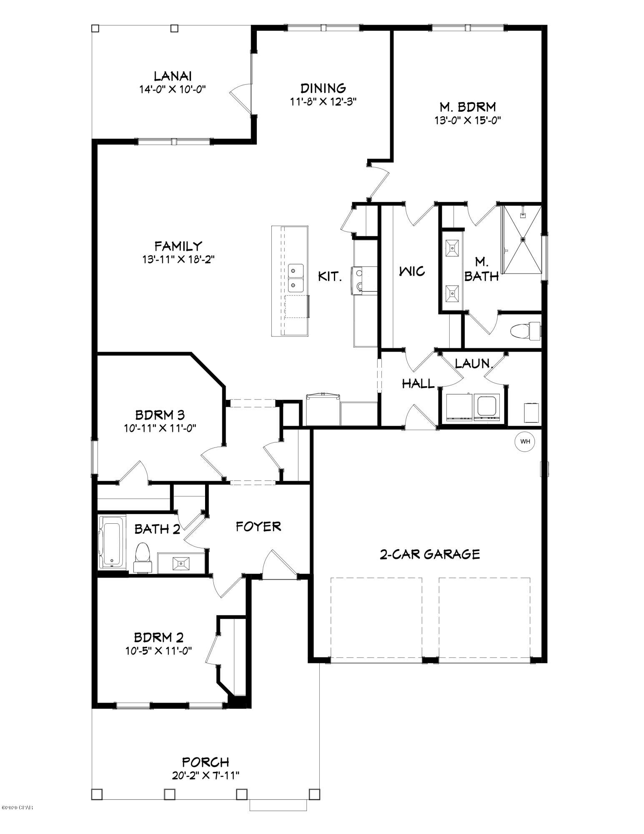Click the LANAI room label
(x=173, y=76)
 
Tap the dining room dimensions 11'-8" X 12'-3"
(x=323, y=101)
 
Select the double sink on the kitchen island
(x=296, y=278)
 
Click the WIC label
(x=412, y=271)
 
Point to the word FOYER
(x=258, y=527)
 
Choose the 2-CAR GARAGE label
(x=430, y=554)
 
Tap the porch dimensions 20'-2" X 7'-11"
(x=206, y=775)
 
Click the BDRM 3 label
(x=160, y=415)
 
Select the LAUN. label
(x=474, y=364)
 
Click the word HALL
(x=418, y=383)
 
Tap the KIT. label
(x=330, y=276)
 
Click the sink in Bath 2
(x=181, y=563)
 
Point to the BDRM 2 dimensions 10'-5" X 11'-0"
(x=159, y=651)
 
